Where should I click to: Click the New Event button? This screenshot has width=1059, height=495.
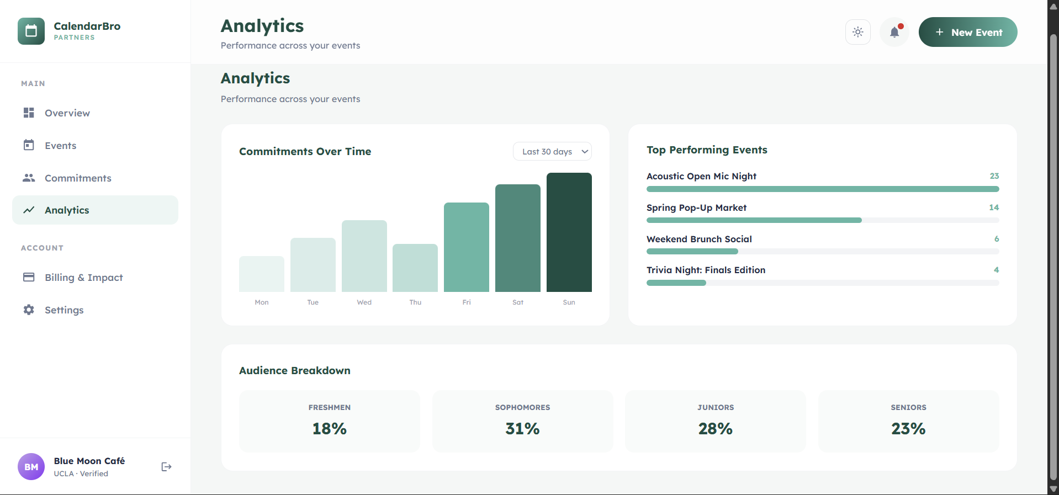click(x=967, y=32)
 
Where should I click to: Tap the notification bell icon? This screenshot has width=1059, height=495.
click(x=894, y=32)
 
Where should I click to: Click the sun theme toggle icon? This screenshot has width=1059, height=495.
click(x=857, y=32)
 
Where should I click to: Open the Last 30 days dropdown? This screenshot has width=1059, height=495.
click(x=552, y=152)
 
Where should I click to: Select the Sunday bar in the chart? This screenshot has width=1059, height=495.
click(x=569, y=232)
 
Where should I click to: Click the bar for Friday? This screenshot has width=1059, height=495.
click(x=466, y=247)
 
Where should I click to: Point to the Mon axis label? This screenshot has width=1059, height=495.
click(x=262, y=302)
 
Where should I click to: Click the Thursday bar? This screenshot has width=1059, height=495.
click(x=415, y=268)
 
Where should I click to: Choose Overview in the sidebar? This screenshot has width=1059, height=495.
click(x=67, y=113)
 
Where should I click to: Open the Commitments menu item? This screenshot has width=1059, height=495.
click(x=78, y=178)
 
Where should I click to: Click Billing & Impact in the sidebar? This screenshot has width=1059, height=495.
click(x=83, y=278)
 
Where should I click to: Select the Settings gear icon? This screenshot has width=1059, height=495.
click(x=29, y=310)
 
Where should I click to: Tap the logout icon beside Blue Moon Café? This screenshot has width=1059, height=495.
click(x=166, y=467)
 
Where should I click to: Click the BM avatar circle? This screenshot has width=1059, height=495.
click(x=31, y=467)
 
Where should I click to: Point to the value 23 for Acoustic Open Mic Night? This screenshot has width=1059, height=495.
click(x=994, y=176)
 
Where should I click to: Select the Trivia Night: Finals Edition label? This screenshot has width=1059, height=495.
click(x=706, y=270)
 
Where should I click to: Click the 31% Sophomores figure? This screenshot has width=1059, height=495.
click(x=522, y=429)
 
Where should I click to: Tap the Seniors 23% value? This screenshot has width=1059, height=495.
click(x=908, y=429)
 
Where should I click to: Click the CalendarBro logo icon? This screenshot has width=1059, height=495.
click(x=31, y=31)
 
